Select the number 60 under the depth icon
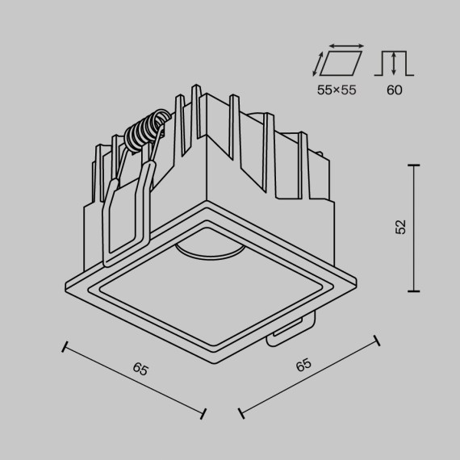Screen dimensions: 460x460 [x=394, y=90]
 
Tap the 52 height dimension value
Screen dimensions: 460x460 [x=400, y=227]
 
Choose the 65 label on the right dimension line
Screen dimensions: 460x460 [x=303, y=365]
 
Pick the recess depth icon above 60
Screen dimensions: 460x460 [x=394, y=63]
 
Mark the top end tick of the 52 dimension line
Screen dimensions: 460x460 [x=415, y=165]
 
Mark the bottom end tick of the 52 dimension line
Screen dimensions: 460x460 [x=415, y=291]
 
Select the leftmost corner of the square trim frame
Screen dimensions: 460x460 [x=64, y=282]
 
